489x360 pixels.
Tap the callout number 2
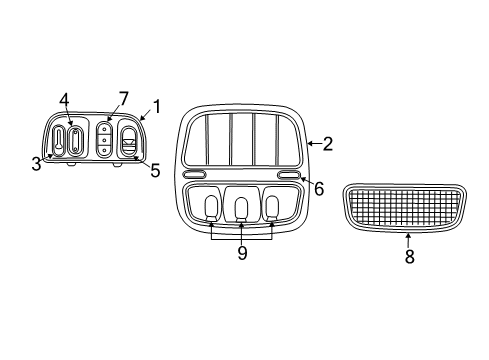[x=327, y=144]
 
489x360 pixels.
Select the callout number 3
[x=37, y=163]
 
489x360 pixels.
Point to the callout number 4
[x=64, y=100]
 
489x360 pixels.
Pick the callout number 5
[x=155, y=170]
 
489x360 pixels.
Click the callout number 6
[x=319, y=188]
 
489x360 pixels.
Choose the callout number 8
[x=408, y=256]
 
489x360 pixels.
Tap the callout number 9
[x=241, y=254]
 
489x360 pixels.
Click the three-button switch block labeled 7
[x=105, y=140]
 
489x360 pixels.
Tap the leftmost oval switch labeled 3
[x=59, y=140]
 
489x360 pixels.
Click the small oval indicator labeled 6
[x=288, y=176]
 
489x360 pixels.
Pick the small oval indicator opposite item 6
[x=195, y=176]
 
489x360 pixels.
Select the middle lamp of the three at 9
[x=241, y=207]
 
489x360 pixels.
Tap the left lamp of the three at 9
[x=211, y=207]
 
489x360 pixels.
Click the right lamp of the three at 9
[x=272, y=207]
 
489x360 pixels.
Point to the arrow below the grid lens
[x=408, y=239]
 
